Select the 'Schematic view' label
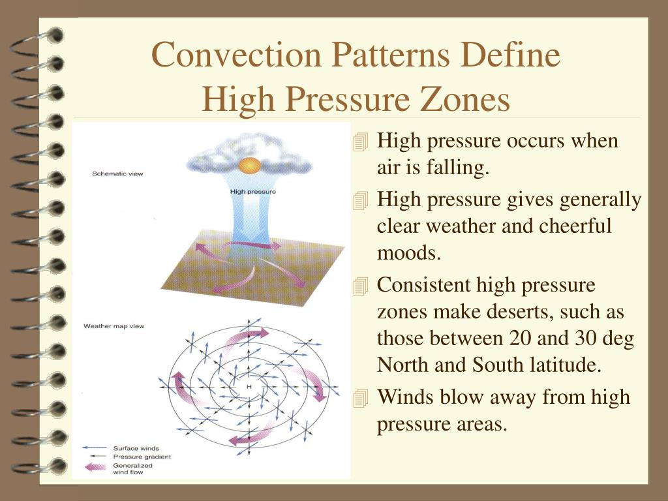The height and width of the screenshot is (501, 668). [x=117, y=174]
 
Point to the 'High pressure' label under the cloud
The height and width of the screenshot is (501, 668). [x=253, y=192]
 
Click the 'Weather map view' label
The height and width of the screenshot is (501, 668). [x=114, y=326]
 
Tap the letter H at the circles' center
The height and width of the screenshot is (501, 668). [x=249, y=387]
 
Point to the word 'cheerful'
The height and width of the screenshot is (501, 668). [x=575, y=226]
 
